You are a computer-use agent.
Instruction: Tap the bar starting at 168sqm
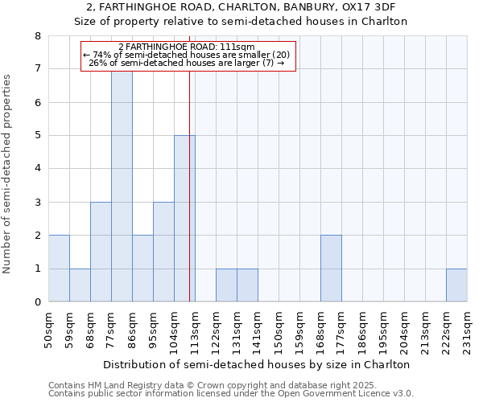point(331,269)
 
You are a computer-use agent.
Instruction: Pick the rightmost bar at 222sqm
point(456,285)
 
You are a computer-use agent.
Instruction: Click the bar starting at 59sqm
point(80,285)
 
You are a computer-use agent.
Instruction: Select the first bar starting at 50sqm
point(59,269)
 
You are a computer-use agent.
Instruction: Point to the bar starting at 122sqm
point(226,285)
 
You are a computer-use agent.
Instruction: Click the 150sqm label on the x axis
point(279,330)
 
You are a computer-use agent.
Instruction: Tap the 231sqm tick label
point(467,330)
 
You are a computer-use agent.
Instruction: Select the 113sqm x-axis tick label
point(195,330)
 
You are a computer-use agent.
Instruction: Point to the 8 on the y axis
point(37,36)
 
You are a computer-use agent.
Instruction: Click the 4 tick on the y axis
point(37,169)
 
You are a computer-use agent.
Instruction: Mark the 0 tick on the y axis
point(37,302)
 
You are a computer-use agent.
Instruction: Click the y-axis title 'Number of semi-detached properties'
point(8,174)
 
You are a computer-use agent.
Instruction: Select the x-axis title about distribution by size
point(258,364)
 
